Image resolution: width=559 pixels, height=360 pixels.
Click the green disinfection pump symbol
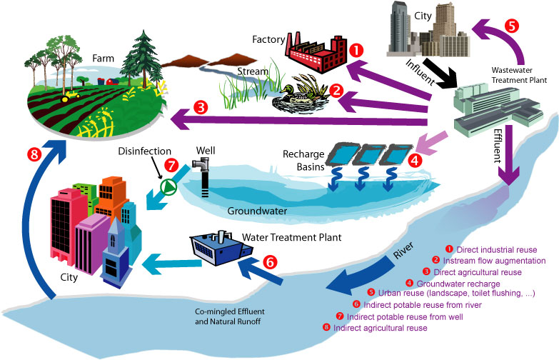(169, 186)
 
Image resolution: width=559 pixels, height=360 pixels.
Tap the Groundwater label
(256, 211)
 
